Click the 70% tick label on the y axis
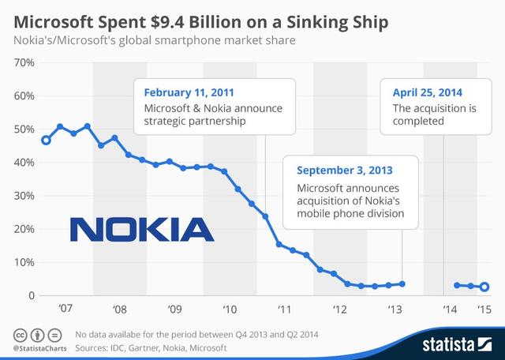(x=20, y=62)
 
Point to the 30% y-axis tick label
(x=20, y=196)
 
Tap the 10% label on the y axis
(x=20, y=262)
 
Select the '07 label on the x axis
(x=65, y=309)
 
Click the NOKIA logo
(x=141, y=229)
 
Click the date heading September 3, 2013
(x=344, y=170)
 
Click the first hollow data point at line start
(x=46, y=141)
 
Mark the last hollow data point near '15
(x=484, y=287)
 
